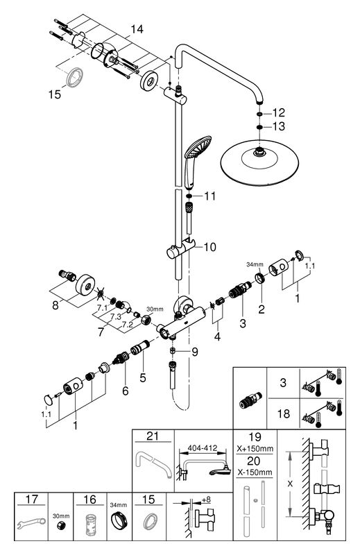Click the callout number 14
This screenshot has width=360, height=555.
click(137, 29)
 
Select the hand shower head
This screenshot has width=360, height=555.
click(197, 147)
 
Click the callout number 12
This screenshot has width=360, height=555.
click(279, 113)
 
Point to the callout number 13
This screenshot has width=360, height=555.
click(279, 126)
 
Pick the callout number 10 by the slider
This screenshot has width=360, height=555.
click(209, 247)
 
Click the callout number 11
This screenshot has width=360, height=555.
click(209, 196)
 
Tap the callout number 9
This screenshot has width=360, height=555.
click(195, 352)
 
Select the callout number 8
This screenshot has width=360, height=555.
click(55, 305)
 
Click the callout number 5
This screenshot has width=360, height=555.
click(143, 377)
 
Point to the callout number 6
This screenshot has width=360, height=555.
click(126, 391)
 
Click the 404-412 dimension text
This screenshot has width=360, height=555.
click(203, 448)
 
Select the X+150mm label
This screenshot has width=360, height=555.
click(255, 449)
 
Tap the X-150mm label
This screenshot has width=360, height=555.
click(255, 472)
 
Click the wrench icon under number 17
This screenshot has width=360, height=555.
click(31, 524)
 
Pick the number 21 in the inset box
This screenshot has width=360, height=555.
click(153, 436)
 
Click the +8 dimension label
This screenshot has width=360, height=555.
click(206, 499)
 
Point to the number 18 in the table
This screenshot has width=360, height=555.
click(283, 413)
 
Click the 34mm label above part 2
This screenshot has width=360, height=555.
click(255, 264)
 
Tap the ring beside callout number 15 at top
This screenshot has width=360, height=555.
click(74, 77)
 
